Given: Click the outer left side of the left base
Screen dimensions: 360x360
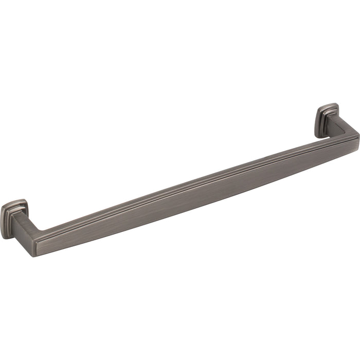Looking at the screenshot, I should point(3,221).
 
